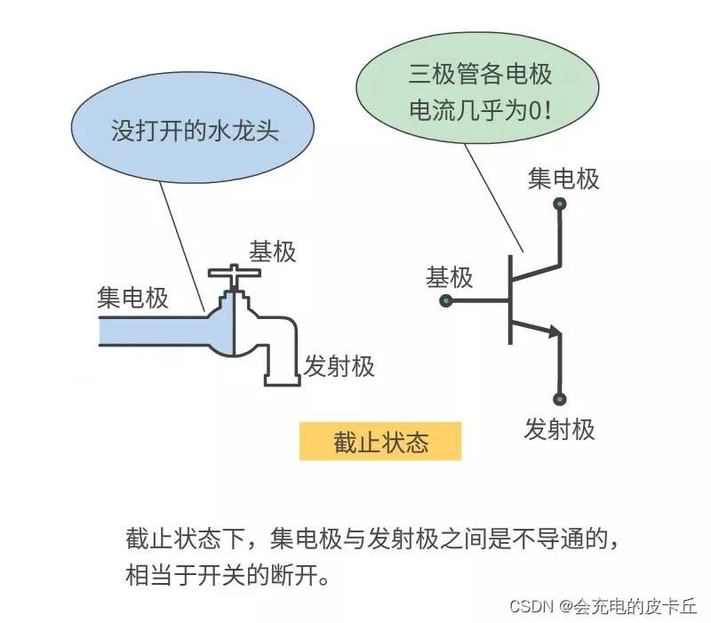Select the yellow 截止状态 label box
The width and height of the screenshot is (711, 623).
pyautogui.click(x=380, y=442)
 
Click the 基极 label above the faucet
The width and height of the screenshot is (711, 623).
pyautogui.click(x=272, y=252)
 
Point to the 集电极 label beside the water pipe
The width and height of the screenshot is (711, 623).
pyautogui.click(x=132, y=297)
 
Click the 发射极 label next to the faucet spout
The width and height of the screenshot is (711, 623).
pyautogui.click(x=340, y=365)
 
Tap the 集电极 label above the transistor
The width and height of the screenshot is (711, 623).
pyautogui.click(x=563, y=179)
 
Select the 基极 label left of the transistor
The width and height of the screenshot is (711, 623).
pyautogui.click(x=450, y=277)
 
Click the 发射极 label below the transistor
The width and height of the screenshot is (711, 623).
pyautogui.click(x=560, y=429)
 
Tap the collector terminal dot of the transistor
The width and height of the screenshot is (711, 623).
pyautogui.click(x=560, y=204)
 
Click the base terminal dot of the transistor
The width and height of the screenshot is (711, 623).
pyautogui.click(x=446, y=301)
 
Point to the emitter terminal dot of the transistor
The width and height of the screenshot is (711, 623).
pyautogui.click(x=560, y=399)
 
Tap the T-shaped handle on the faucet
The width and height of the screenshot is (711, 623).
pyautogui.click(x=233, y=274)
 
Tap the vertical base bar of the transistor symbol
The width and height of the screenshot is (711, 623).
pyautogui.click(x=510, y=300)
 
